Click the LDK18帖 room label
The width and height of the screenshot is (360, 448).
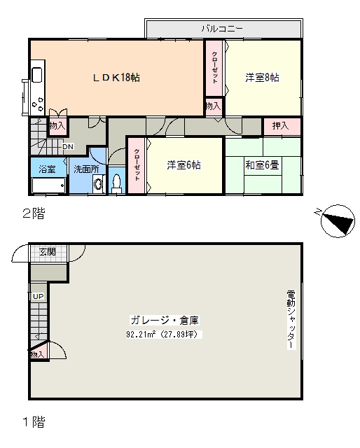tap(116, 78)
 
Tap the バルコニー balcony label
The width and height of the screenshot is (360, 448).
tap(222, 29)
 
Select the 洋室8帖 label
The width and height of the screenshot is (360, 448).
tap(262, 78)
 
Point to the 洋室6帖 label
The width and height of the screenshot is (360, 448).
tap(184, 165)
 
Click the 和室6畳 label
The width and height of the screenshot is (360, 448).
tap(262, 165)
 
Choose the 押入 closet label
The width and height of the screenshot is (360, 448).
tap(281, 126)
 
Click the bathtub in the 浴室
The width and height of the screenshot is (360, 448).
tap(48, 185)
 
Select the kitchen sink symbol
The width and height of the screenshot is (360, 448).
tap(37, 74)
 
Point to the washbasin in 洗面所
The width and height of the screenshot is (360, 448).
tap(98, 184)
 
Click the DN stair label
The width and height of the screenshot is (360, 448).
tap(68, 146)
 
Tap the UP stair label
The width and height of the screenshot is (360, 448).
tap(39, 296)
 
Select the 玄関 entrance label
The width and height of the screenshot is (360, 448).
tap(48, 252)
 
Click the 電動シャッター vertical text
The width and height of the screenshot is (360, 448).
tap(291, 320)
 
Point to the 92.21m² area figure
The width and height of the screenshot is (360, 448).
tap(141, 334)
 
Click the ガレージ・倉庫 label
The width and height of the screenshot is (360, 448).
tap(165, 321)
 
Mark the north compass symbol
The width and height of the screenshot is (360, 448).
tap(337, 221)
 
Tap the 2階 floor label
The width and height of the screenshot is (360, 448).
tap(34, 213)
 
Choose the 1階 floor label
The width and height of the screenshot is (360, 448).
tap(34, 421)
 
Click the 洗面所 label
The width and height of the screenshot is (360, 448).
tap(86, 169)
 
